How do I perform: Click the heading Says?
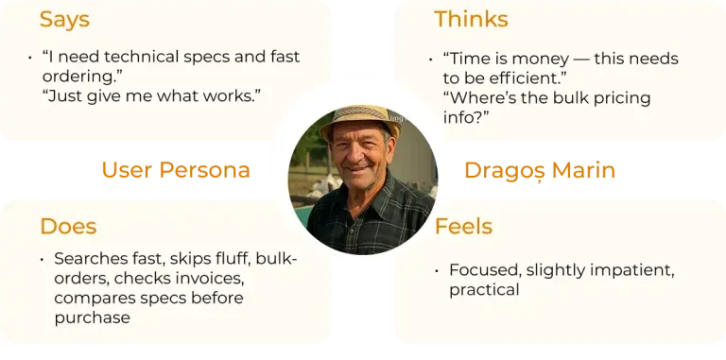point(64,20)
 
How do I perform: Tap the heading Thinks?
point(471,20)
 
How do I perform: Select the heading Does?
point(68,226)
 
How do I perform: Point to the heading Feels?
point(463,226)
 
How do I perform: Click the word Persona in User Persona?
point(204,170)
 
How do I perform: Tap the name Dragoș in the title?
point(505,171)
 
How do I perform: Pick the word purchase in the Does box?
point(92,317)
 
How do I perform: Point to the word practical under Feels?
point(484,290)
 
